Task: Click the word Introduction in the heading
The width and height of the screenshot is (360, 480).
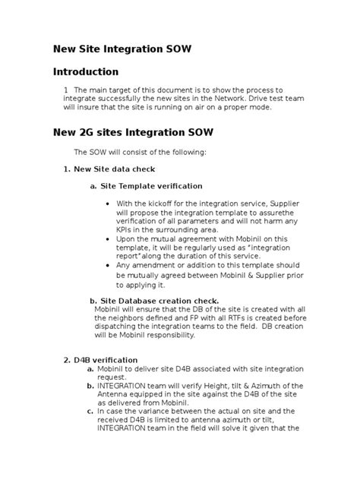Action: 85,72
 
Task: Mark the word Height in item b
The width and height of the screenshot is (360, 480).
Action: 197,385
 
